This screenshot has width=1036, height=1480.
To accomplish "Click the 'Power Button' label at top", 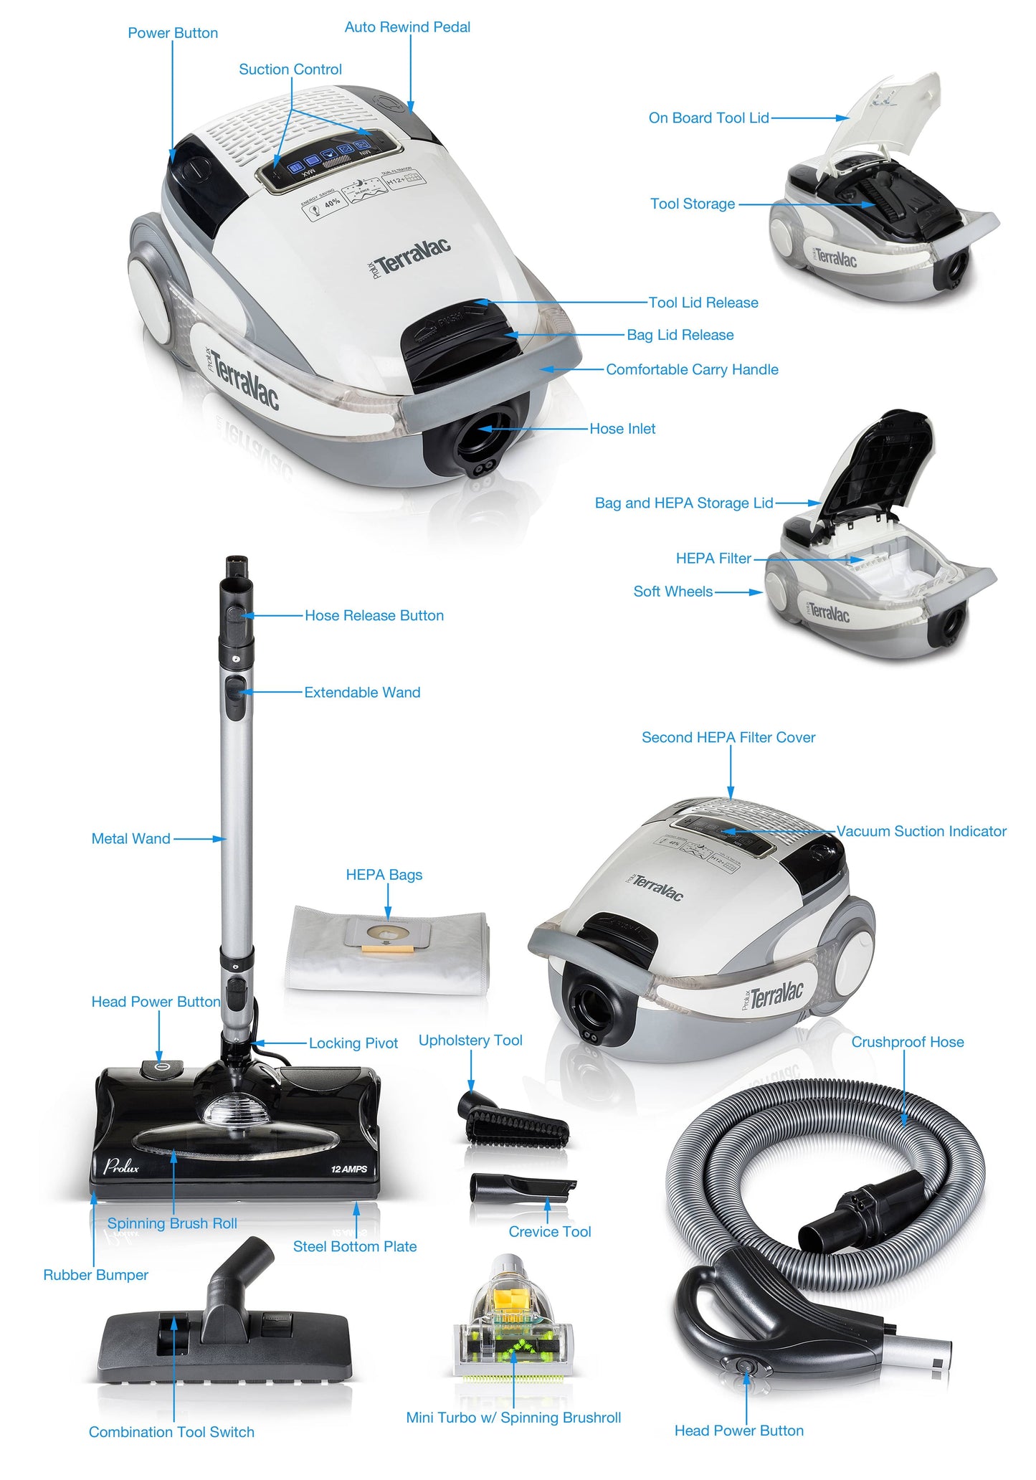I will coord(172,33).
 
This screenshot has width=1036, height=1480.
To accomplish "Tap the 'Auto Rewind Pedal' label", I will coord(407,27).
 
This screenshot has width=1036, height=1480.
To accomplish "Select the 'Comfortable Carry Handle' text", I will coord(692,369).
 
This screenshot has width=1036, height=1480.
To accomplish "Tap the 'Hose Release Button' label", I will coord(374,615).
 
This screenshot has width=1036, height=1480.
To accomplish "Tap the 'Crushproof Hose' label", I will coord(907,1042).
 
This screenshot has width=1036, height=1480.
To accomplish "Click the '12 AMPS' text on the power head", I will coord(349,1169).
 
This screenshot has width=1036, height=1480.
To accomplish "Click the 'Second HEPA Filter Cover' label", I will coord(728,737).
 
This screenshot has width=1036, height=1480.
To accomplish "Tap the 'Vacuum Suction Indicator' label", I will coord(921,831).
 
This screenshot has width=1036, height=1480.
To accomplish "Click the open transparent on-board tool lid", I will coord(889,115).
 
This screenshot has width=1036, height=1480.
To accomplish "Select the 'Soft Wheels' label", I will coord(673,592).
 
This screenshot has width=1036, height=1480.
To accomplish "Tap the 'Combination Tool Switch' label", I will coord(171,1432).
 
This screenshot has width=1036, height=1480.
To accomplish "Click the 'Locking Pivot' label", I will coord(353,1043).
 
